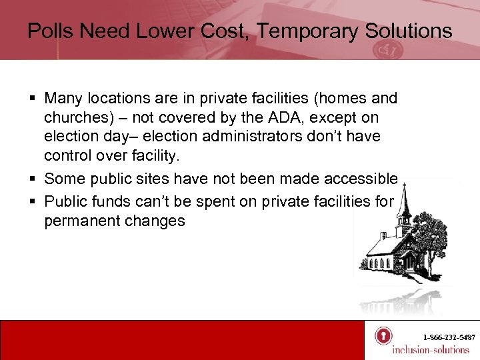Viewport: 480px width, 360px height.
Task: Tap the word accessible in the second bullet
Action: point(360,179)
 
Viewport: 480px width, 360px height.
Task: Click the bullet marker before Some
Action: point(31,179)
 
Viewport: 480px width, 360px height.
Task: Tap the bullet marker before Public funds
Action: point(31,200)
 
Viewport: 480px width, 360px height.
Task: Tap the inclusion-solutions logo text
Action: point(430,350)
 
